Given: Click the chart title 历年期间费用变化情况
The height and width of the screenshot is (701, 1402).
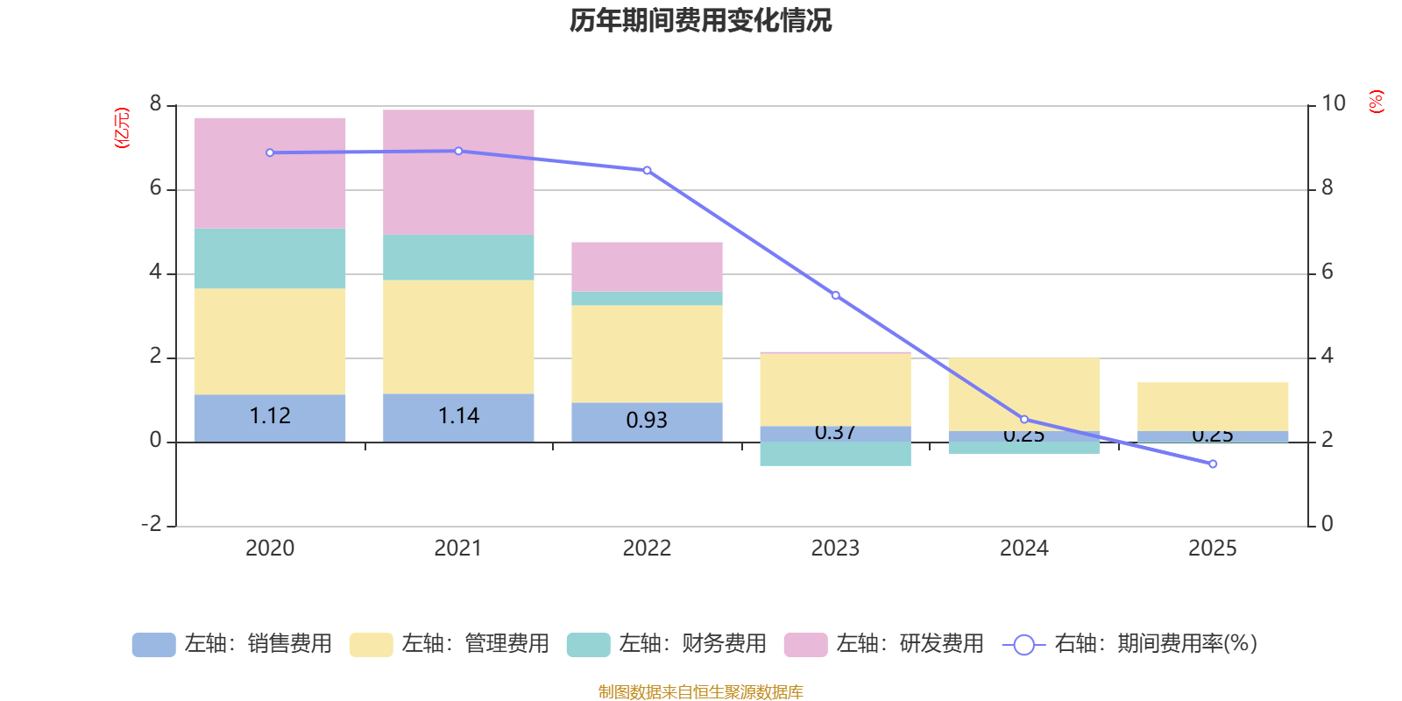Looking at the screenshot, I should (x=700, y=20).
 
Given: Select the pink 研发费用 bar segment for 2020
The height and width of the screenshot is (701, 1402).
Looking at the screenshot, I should (x=270, y=173).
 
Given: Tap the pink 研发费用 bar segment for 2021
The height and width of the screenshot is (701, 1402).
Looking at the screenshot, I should (x=458, y=172).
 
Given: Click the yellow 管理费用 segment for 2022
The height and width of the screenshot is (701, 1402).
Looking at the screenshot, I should (x=647, y=354).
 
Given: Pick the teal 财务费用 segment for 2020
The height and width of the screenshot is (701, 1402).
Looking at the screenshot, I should (x=270, y=258).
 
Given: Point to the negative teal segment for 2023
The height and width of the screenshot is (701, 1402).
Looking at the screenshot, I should (x=835, y=454).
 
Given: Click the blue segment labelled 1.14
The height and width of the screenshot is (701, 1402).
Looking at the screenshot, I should (x=458, y=417).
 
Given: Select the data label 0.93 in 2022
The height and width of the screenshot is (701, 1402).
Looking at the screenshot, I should (x=647, y=421).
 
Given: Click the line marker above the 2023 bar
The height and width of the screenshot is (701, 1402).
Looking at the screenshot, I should (x=836, y=295).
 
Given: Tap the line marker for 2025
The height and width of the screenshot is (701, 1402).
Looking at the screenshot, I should (x=1213, y=464).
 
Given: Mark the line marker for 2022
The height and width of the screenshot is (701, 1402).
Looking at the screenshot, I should (x=648, y=170).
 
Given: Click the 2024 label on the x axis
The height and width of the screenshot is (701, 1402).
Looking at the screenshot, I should (x=1023, y=549).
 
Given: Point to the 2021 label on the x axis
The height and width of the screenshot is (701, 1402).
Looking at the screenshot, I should (x=458, y=549).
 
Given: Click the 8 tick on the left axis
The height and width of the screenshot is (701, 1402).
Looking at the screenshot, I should (x=155, y=104).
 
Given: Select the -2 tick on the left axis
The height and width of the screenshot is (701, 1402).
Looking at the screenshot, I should (x=152, y=524).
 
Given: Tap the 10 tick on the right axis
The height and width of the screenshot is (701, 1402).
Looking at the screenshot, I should (x=1333, y=103).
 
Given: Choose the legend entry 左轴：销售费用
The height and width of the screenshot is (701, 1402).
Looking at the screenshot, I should (x=232, y=644).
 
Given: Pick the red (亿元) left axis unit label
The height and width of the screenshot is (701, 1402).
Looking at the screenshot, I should (x=122, y=128).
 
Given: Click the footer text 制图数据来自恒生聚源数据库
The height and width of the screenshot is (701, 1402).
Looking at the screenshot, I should (x=700, y=692).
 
